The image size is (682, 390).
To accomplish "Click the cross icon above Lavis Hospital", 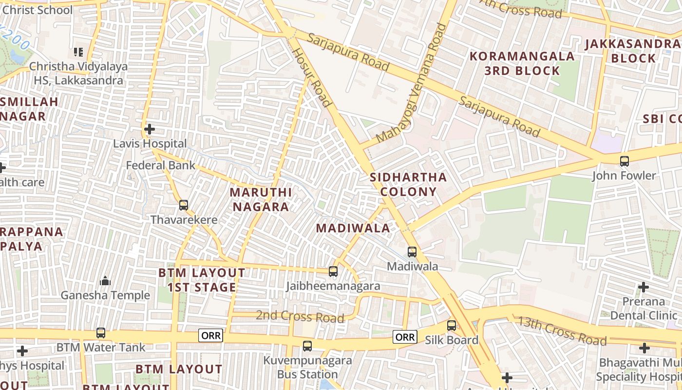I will (150, 129).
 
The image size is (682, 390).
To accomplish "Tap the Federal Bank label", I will (160, 165).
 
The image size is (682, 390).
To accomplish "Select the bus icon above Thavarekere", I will (184, 205).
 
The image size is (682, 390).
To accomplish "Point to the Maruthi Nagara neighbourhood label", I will (261, 199).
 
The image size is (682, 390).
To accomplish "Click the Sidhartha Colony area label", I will (408, 184).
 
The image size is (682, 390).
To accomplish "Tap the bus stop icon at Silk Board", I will (452, 326).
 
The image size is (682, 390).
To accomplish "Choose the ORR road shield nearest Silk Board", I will (405, 336).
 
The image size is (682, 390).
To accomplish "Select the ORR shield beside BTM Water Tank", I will (210, 335).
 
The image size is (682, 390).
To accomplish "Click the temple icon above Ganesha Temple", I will (105, 281).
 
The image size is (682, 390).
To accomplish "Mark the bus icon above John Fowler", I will (624, 161).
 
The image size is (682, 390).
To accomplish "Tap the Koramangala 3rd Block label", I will (522, 63).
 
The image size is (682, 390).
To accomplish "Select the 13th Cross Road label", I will (562, 331).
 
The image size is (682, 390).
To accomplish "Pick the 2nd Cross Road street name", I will (300, 316).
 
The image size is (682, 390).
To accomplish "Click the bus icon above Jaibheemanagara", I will (333, 272).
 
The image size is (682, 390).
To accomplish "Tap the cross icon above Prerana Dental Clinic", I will (643, 287).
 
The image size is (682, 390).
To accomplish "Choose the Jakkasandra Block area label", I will (633, 51).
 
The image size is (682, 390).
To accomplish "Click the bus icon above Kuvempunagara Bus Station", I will (307, 346).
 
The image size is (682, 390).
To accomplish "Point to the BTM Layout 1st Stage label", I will (202, 280).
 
